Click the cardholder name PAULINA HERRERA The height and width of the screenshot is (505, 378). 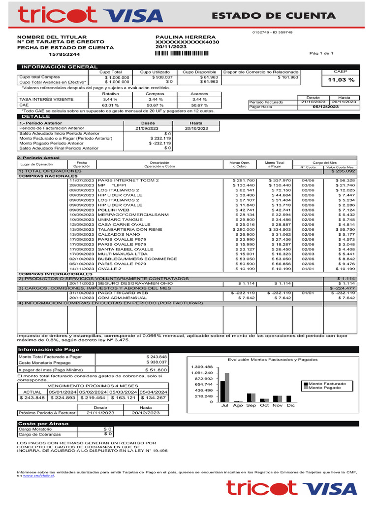[186, 37]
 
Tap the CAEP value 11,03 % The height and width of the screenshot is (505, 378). [341, 80]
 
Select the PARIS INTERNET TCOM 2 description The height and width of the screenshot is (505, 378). [128, 180]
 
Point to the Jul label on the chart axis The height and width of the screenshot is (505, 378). [225, 405]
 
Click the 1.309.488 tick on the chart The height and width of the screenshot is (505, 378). [202, 367]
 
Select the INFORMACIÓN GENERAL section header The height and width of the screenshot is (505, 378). [52, 67]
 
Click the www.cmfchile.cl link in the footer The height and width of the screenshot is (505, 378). [38, 476]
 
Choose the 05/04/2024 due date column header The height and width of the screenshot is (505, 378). [154, 392]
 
